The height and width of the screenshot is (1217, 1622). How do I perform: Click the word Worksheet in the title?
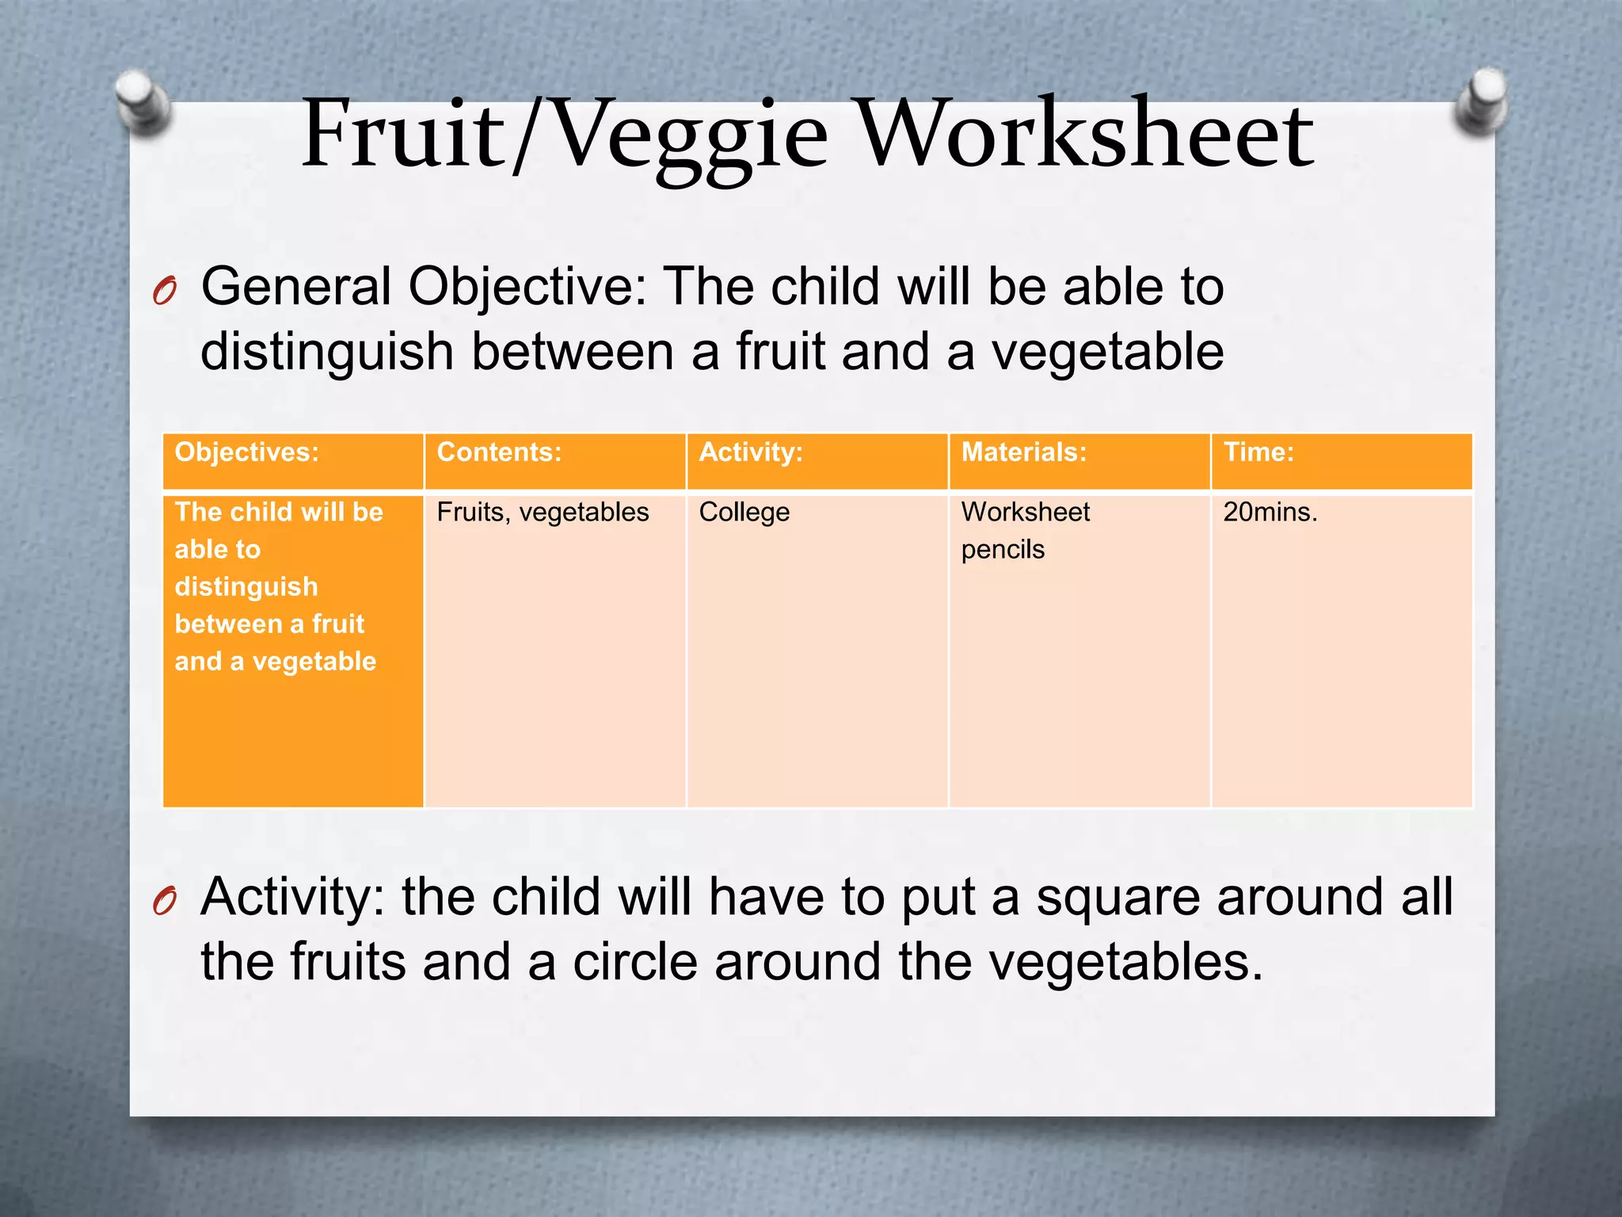(x=1085, y=135)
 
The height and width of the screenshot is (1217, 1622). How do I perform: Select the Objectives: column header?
(x=246, y=452)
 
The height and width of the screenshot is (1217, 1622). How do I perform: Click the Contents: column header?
(x=499, y=452)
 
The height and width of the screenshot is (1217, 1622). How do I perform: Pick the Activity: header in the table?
(x=751, y=452)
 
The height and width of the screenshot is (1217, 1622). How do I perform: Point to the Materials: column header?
(x=1023, y=452)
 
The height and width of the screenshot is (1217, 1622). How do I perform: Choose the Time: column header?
(x=1258, y=452)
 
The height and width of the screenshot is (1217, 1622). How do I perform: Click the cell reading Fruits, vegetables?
(x=543, y=513)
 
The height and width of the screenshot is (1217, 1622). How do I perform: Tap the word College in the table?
(x=744, y=513)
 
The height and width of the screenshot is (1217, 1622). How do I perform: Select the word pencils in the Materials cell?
(x=1003, y=550)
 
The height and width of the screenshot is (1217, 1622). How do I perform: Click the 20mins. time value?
(x=1270, y=513)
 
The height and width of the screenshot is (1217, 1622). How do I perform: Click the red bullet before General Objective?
(x=165, y=292)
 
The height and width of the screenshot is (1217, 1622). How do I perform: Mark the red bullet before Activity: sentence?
(x=165, y=902)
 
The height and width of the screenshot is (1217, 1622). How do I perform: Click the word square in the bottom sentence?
(x=1118, y=898)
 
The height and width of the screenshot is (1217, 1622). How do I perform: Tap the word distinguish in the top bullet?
(x=326, y=352)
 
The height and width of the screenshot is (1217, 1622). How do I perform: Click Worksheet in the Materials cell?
(x=1025, y=513)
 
